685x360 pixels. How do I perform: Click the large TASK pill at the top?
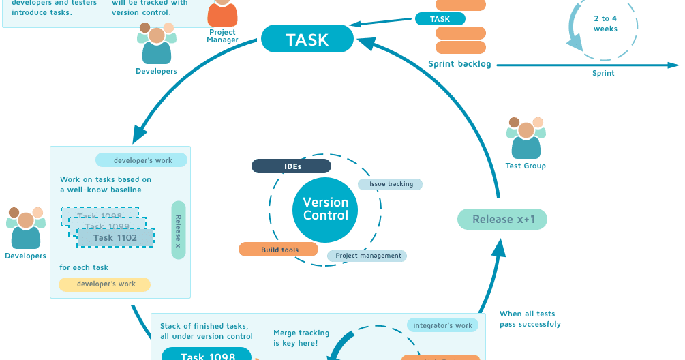(307, 40)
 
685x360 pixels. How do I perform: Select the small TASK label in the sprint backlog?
(440, 19)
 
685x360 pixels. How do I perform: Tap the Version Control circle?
(325, 209)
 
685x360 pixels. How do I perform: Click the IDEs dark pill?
(291, 166)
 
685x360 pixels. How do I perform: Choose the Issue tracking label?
(391, 184)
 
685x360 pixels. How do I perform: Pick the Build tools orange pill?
(279, 250)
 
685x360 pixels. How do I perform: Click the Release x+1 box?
(502, 220)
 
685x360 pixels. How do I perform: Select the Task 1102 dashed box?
(115, 237)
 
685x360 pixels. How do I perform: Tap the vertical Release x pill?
(179, 230)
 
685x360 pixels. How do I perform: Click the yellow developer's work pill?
(105, 284)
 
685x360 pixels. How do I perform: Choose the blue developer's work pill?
(142, 160)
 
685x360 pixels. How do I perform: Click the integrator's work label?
(442, 325)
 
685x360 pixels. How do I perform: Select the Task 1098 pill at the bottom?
(207, 355)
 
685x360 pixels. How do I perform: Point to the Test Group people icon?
(526, 138)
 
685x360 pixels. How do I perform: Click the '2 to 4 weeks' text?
(605, 24)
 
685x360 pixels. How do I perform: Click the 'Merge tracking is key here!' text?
(301, 337)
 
